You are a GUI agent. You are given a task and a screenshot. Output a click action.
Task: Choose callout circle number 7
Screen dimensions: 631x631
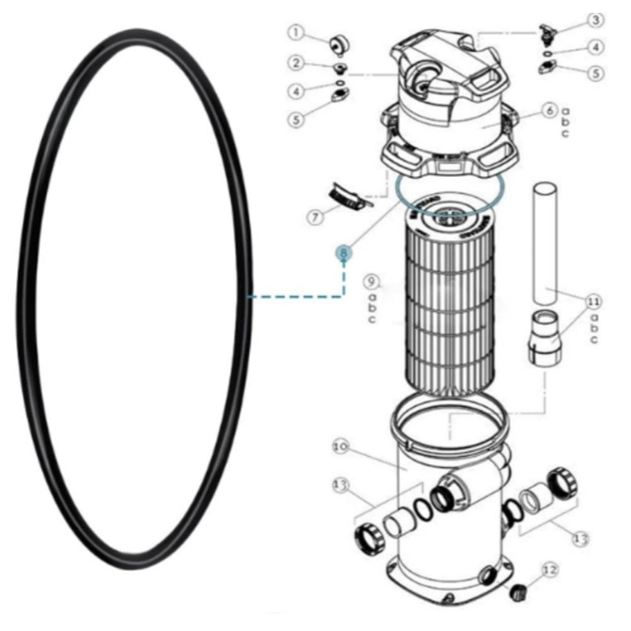click(x=315, y=216)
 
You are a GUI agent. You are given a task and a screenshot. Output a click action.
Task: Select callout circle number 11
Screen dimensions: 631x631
click(x=593, y=302)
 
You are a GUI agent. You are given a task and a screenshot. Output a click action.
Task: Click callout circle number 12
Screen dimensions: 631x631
click(x=550, y=570)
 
